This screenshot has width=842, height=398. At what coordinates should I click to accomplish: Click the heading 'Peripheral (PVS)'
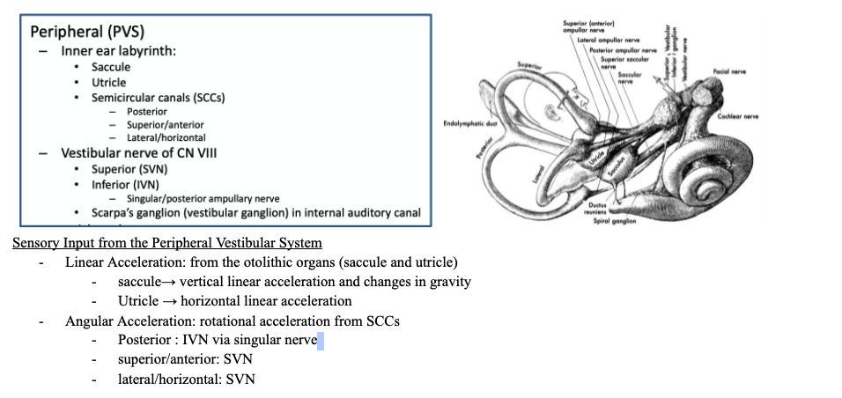[87, 32]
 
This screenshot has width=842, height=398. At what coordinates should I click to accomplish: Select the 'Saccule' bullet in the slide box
[111, 67]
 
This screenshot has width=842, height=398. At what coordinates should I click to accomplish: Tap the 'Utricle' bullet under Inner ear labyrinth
[108, 82]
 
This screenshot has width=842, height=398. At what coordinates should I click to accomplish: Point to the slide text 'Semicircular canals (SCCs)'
[158, 97]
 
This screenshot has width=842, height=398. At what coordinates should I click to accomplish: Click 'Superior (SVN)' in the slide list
[129, 169]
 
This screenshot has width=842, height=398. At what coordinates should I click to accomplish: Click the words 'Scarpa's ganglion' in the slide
[141, 213]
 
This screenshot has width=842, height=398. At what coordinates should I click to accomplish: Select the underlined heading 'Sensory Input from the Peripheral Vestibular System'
[166, 243]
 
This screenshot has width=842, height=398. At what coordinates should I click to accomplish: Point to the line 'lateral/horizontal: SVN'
[187, 379]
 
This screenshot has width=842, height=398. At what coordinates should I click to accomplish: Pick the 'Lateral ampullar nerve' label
[609, 41]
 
